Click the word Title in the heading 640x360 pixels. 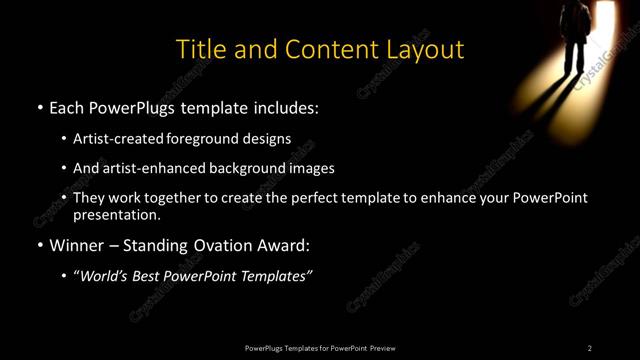click(200, 49)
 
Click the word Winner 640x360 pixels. click(78, 244)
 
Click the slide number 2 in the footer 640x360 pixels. click(590, 348)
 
